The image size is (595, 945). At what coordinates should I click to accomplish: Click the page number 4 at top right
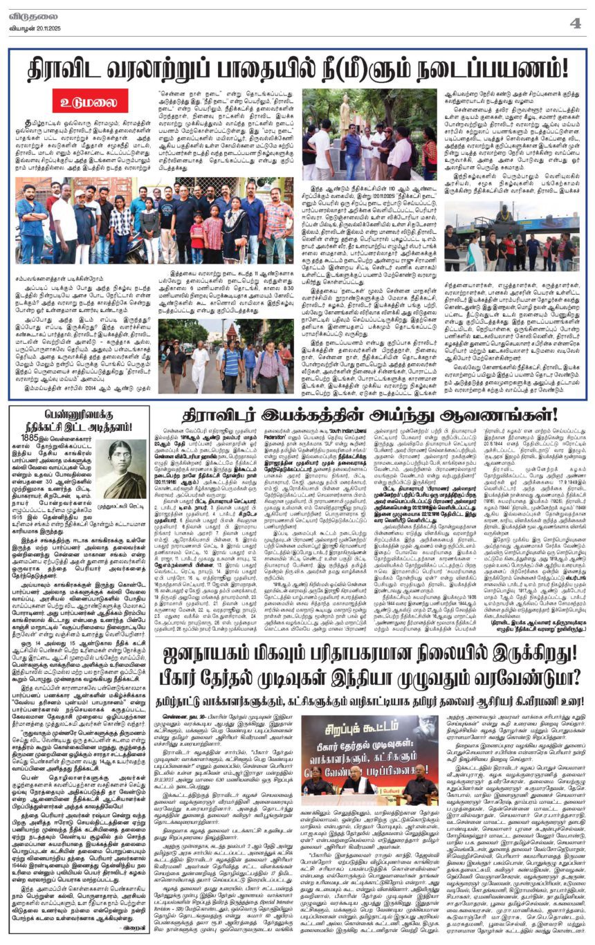pyautogui.click(x=574, y=22)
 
